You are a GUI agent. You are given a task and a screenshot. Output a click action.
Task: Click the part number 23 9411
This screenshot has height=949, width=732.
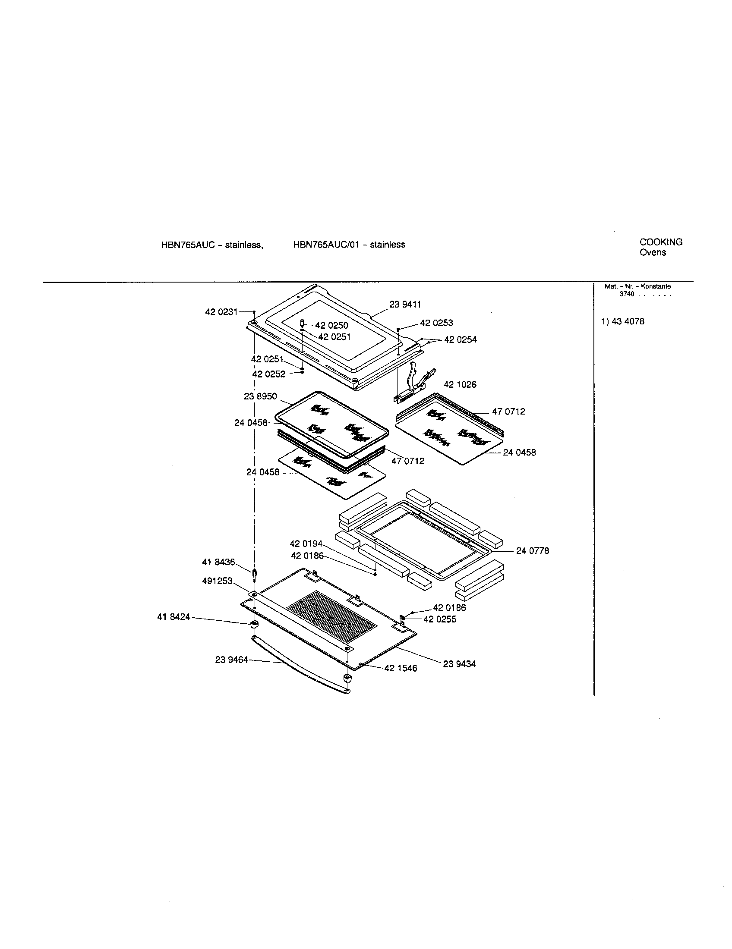(x=405, y=305)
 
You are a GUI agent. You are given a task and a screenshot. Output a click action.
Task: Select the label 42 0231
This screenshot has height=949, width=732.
(x=221, y=311)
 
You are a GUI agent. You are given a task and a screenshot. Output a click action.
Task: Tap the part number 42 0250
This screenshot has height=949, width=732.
(x=331, y=325)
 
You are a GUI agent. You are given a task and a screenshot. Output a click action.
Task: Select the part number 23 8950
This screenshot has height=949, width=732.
(x=260, y=396)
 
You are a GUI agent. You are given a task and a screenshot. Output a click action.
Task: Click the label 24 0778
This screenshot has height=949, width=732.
(x=533, y=551)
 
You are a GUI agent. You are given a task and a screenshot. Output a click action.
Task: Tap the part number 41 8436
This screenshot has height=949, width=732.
(x=218, y=562)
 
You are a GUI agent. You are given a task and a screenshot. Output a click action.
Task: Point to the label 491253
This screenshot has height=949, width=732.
(x=217, y=581)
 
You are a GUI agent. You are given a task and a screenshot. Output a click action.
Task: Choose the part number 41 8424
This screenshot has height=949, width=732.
(x=174, y=616)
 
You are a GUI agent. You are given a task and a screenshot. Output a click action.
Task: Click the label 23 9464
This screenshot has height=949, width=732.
(x=231, y=660)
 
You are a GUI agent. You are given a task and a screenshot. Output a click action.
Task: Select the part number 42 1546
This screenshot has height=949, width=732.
(x=401, y=668)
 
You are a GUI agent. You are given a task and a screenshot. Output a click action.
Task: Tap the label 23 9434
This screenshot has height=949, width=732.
(x=459, y=664)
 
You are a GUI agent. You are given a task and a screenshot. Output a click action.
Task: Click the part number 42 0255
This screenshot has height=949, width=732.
(x=439, y=619)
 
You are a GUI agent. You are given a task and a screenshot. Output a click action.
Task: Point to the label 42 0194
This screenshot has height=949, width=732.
(x=306, y=544)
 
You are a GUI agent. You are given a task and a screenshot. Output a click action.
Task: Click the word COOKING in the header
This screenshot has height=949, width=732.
(x=661, y=242)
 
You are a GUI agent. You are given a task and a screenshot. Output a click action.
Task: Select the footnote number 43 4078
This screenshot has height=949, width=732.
(x=628, y=321)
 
